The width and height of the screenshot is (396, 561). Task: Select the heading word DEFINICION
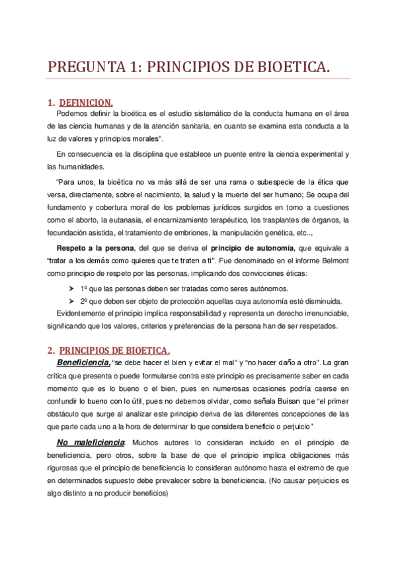86,103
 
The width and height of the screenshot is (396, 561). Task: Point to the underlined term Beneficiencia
83,363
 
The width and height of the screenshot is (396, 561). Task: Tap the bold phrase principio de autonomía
253,247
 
